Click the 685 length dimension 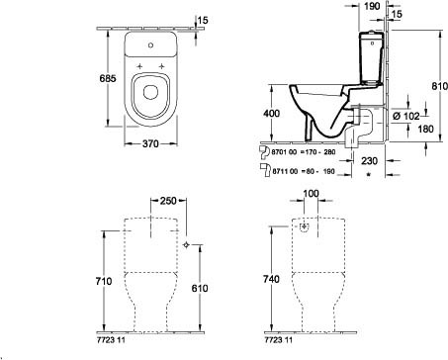pyautogui.click(x=108, y=78)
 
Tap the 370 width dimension pyautogui.click(x=150, y=143)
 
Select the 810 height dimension pyautogui.click(x=440, y=86)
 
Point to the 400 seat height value pyautogui.click(x=272, y=113)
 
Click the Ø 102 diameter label pyautogui.click(x=406, y=116)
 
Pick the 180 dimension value pyautogui.click(x=425, y=129)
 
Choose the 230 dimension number pyautogui.click(x=369, y=161)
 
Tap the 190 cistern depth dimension pyautogui.click(x=372, y=6)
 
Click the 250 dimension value pyautogui.click(x=168, y=201)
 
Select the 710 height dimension pyautogui.click(x=104, y=281)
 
